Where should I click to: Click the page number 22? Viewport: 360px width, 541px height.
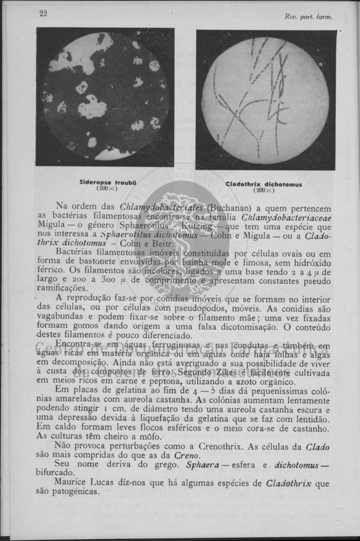pos(43,13)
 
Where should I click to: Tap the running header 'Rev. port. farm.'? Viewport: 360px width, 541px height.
pos(309,16)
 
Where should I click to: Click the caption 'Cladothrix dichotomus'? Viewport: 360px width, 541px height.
pos(263,184)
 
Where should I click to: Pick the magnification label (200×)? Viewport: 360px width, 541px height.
pos(264,190)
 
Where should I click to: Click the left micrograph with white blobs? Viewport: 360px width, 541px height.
pos(105,97)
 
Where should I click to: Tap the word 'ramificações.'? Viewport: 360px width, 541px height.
pos(63,289)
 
